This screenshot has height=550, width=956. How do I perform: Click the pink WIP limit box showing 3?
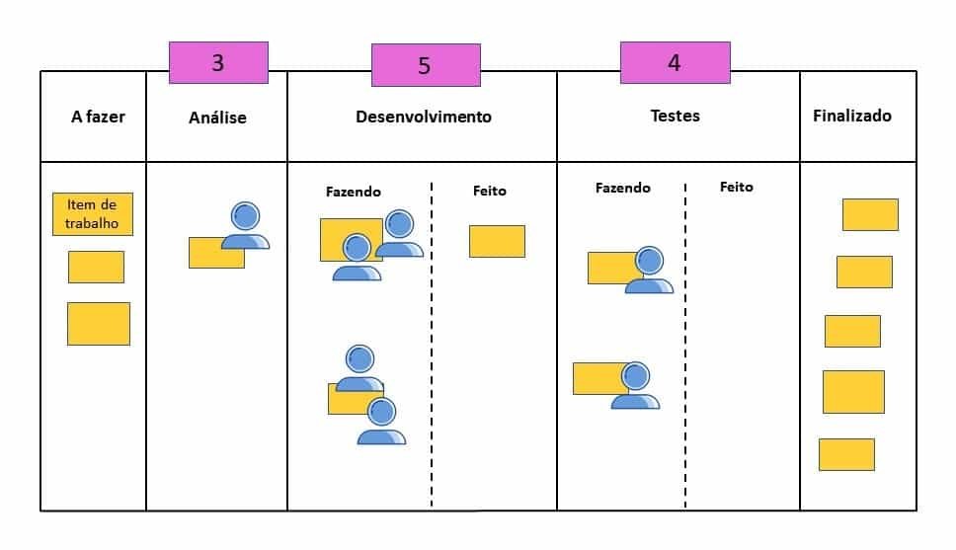(x=218, y=62)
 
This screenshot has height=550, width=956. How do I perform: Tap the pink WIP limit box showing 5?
(x=426, y=65)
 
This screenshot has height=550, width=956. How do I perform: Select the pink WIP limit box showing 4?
(x=675, y=62)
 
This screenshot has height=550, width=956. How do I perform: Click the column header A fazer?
(x=98, y=117)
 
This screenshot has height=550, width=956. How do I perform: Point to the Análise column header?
(x=217, y=118)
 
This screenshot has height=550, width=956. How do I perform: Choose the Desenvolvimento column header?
(x=423, y=117)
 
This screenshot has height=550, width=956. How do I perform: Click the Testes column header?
(x=675, y=116)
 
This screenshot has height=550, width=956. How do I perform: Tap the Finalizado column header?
(x=851, y=116)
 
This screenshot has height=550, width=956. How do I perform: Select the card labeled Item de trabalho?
(x=92, y=213)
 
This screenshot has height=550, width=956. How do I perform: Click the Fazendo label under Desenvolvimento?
(x=353, y=192)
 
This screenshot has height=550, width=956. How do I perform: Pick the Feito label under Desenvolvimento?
(x=489, y=191)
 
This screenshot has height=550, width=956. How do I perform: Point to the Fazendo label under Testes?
(x=622, y=188)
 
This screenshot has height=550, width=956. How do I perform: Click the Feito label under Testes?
(x=736, y=187)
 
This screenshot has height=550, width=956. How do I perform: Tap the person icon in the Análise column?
(x=245, y=226)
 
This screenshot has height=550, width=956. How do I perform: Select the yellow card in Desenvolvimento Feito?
(x=497, y=241)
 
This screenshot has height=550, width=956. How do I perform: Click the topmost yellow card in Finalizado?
(x=869, y=214)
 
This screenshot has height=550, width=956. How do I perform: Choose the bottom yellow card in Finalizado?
(x=846, y=454)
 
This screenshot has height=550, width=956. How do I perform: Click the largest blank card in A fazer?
(x=98, y=324)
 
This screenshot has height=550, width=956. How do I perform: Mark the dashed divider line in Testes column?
(x=684, y=346)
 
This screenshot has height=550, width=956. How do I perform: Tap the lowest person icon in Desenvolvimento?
(x=381, y=422)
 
